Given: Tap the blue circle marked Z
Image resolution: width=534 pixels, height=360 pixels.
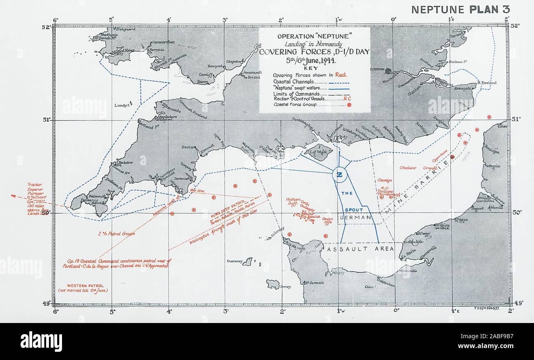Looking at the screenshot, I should click(x=340, y=175).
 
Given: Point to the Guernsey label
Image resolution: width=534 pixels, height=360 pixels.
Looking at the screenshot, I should click(x=235, y=261).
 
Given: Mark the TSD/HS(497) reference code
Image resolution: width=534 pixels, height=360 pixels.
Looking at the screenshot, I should click(x=486, y=307).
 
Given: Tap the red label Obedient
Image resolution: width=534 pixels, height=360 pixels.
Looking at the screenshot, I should click(x=408, y=168).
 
